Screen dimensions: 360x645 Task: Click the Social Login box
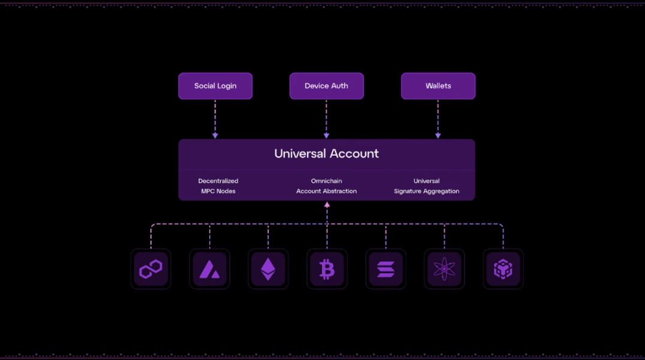click(x=215, y=86)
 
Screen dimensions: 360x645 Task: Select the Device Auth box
click(x=326, y=86)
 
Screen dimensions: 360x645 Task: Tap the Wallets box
click(x=438, y=86)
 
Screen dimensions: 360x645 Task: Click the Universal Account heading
click(x=327, y=153)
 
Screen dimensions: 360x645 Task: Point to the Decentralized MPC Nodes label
click(x=218, y=186)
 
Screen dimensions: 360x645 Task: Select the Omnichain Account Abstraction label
click(x=327, y=186)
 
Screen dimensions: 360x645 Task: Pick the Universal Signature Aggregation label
click(x=426, y=186)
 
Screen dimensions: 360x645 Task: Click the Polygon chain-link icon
click(x=151, y=270)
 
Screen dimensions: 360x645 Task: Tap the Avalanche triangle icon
click(x=210, y=270)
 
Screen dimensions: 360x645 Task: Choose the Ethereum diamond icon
click(x=268, y=270)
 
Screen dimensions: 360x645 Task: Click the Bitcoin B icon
click(x=327, y=270)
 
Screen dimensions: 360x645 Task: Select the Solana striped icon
click(x=385, y=270)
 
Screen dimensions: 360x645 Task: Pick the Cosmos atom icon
click(x=444, y=270)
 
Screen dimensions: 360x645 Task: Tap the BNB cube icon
click(x=503, y=270)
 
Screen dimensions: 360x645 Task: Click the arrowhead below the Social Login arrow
click(x=215, y=135)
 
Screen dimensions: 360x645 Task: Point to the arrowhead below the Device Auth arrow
click(x=327, y=135)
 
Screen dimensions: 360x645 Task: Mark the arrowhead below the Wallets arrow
click(x=438, y=135)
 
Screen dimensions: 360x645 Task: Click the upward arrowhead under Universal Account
click(x=327, y=205)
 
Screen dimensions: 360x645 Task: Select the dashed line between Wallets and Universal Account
click(x=438, y=117)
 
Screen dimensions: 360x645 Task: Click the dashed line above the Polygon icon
click(x=151, y=237)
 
